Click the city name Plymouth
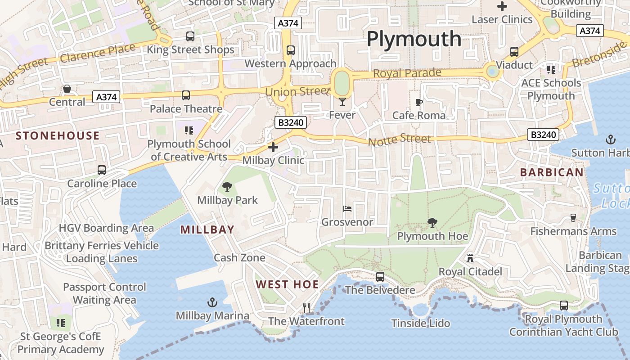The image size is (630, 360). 414,39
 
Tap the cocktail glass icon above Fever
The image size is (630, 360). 342,102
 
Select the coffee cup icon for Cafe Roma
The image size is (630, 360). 419,102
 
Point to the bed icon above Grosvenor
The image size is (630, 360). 347,209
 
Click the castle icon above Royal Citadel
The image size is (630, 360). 470,258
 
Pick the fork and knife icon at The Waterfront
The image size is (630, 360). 306,308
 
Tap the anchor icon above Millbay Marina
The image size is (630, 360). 212,302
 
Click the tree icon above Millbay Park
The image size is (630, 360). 227,187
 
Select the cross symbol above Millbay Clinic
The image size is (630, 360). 273,147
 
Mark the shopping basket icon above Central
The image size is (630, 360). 67,89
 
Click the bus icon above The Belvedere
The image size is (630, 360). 380,277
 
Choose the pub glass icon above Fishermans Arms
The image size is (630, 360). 573,218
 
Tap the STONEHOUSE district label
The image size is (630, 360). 58,136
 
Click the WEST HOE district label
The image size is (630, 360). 287,284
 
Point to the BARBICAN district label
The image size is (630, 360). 552,172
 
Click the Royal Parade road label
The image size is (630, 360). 407,73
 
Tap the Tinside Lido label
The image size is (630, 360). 420,323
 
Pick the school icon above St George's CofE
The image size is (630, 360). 61,323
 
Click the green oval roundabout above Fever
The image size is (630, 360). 342,83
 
